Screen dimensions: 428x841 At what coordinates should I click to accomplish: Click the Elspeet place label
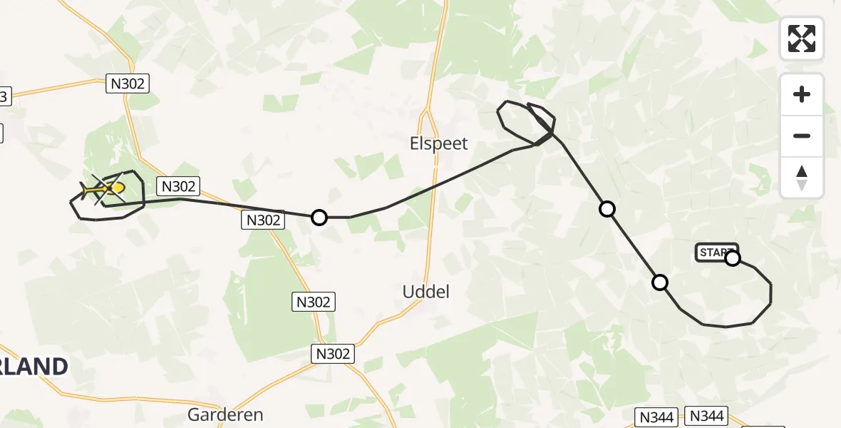pos(439,143)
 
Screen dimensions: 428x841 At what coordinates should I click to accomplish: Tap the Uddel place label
pos(425,292)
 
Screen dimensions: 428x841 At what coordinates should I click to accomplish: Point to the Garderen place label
pos(225,414)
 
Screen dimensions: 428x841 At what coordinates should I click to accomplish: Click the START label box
pos(715,253)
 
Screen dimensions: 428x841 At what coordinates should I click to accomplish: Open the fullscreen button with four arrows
pos(802,39)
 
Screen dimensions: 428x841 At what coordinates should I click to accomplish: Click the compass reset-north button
pos(802,178)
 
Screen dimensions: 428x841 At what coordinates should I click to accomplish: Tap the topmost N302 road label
pos(128,83)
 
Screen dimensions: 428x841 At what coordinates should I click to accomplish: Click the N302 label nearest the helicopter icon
pos(178,186)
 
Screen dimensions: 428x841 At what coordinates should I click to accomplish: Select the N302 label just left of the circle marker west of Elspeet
pos(264,220)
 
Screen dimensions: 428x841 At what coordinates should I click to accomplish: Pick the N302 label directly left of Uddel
pos(314,302)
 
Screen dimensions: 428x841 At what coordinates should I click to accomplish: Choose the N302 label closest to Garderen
pos(333,353)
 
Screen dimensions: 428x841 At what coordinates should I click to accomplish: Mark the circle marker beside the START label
pos(733,258)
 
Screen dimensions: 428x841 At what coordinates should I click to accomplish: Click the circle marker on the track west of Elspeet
pos(319,217)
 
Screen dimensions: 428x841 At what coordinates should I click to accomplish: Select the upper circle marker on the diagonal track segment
pos(607,208)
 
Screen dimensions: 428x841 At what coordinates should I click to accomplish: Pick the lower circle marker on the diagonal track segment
pos(660,282)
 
